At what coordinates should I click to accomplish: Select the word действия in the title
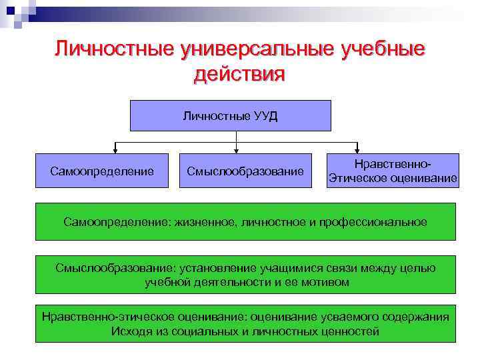point(239,75)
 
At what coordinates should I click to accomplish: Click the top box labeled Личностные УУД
point(230,115)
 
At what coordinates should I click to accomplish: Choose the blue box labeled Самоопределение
point(102,171)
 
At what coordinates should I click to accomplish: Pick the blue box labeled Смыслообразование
point(245,171)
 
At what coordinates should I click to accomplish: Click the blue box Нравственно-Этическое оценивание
point(392,171)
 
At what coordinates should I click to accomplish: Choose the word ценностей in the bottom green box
point(351,331)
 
